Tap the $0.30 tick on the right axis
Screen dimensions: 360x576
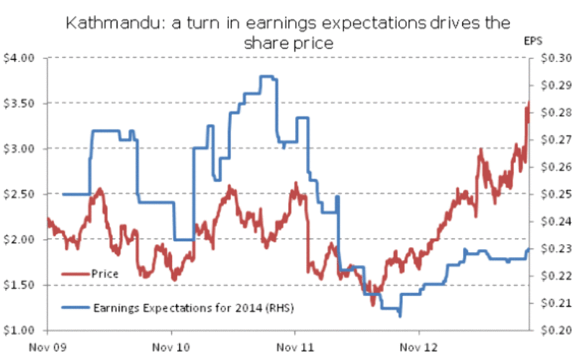click(x=552, y=58)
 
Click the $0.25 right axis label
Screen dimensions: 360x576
click(x=552, y=194)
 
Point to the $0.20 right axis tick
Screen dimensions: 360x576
click(x=552, y=330)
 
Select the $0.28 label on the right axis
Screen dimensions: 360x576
click(x=552, y=113)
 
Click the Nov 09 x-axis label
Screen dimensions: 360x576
click(x=47, y=345)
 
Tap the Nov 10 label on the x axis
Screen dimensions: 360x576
click(x=171, y=345)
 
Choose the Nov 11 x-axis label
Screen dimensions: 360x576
click(x=296, y=345)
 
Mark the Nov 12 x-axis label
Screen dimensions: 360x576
click(x=420, y=345)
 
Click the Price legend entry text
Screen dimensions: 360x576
click(x=105, y=274)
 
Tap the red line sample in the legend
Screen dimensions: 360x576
click(x=75, y=274)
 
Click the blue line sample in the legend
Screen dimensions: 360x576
click(x=75, y=308)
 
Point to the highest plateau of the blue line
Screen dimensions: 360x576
click(x=268, y=76)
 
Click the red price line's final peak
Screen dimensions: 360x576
click(x=528, y=105)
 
